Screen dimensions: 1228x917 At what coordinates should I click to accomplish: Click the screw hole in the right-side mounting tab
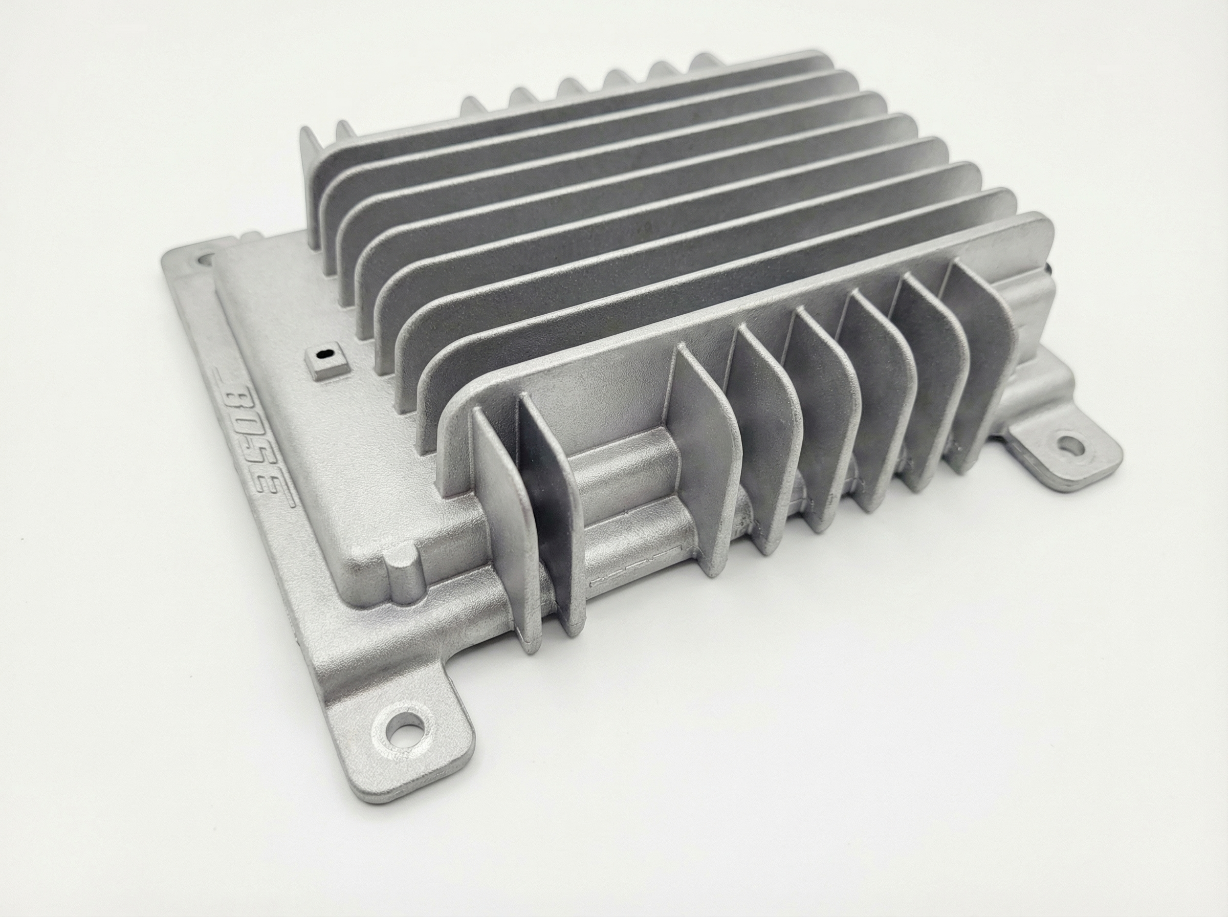tap(1071, 443)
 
